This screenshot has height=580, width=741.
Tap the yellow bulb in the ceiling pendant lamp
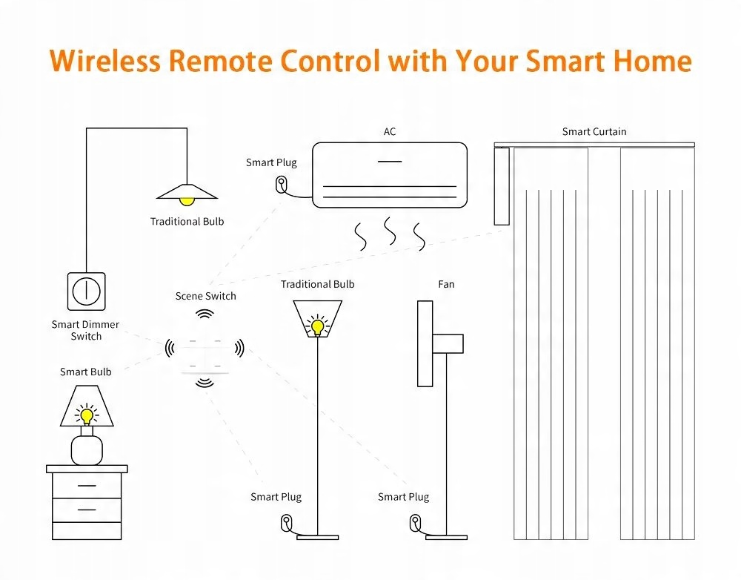click(187, 200)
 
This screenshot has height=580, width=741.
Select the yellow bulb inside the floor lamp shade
click(317, 326)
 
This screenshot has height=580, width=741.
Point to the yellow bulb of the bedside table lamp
click(87, 415)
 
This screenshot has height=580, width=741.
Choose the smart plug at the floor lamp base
click(287, 523)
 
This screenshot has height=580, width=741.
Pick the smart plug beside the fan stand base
click(415, 523)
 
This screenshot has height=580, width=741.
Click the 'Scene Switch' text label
click(206, 296)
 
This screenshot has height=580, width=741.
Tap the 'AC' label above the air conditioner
click(390, 131)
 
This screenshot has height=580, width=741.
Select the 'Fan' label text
click(446, 284)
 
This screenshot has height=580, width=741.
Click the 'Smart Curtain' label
click(594, 131)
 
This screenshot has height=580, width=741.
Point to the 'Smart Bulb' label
click(86, 372)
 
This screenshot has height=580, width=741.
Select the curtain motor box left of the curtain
click(502, 185)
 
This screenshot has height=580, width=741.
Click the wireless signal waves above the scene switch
click(204, 314)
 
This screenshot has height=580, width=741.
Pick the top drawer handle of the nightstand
click(86, 486)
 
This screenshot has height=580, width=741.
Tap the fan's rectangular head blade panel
click(425, 343)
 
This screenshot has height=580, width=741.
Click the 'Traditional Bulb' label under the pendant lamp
click(187, 221)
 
